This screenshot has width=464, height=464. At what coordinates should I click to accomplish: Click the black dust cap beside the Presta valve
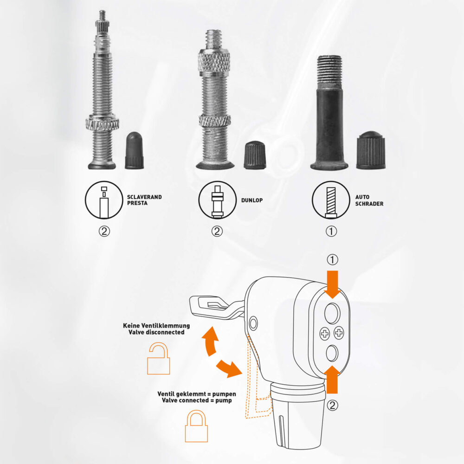pyautogui.click(x=135, y=150)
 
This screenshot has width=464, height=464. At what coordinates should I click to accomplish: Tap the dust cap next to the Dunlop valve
pyautogui.click(x=255, y=155)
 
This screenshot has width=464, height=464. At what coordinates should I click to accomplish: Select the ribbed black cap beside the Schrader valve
pyautogui.click(x=370, y=150)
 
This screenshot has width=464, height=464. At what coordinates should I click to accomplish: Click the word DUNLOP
pyautogui.click(x=252, y=200)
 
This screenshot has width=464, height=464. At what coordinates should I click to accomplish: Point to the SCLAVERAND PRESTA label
pyautogui.click(x=144, y=200)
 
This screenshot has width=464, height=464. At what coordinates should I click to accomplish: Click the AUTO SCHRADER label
pyautogui.click(x=369, y=200)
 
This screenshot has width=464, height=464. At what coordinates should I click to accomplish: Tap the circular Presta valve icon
pyautogui.click(x=104, y=200)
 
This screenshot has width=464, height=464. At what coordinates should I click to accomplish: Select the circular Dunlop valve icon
pyautogui.click(x=218, y=200)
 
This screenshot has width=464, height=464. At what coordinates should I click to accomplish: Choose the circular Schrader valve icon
pyautogui.click(x=331, y=200)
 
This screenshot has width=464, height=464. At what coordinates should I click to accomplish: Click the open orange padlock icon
pyautogui.click(x=159, y=359)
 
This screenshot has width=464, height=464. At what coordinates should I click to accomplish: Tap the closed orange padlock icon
pyautogui.click(x=196, y=425)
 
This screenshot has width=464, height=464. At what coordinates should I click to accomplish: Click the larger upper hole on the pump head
pyautogui.click(x=332, y=313)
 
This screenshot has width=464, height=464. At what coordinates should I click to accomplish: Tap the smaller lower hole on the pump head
pyautogui.click(x=332, y=353)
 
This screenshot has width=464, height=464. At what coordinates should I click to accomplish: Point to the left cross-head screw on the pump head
pyautogui.click(x=325, y=334)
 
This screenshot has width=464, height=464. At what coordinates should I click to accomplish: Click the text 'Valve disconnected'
pyautogui.click(x=156, y=332)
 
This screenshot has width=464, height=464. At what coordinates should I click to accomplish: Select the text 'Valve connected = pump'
pyautogui.click(x=197, y=400)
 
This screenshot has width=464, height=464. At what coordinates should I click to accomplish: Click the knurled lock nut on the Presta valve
pyautogui.click(x=103, y=124)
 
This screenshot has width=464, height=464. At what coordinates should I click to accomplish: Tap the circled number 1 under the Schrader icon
pyautogui.click(x=331, y=231)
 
